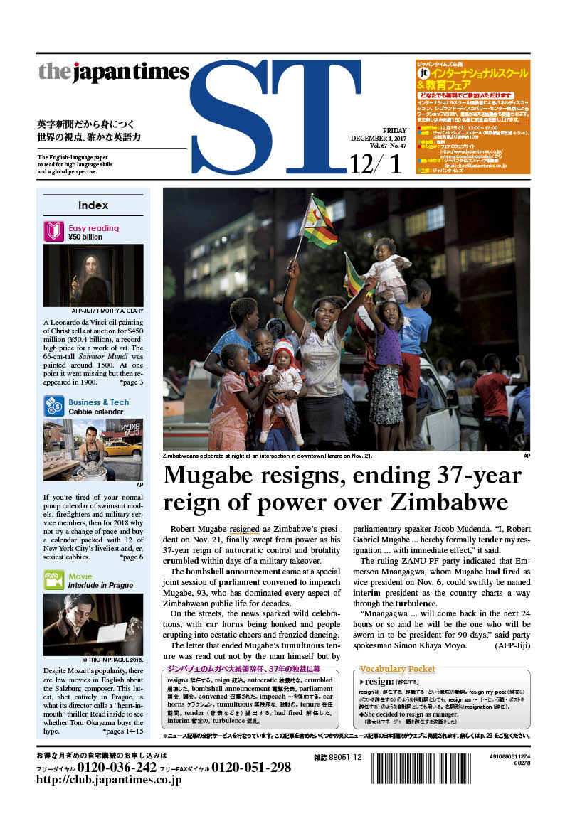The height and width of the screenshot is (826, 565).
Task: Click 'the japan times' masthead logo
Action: click(113, 72)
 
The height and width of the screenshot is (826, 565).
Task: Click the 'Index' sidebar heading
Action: click(93, 205)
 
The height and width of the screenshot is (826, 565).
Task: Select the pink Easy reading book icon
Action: click(54, 232)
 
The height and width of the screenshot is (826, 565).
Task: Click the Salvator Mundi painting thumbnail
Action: click(93, 275)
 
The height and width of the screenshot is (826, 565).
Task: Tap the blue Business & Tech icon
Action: click(54, 407)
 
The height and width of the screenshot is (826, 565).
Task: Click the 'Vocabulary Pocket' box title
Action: click(398, 669)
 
